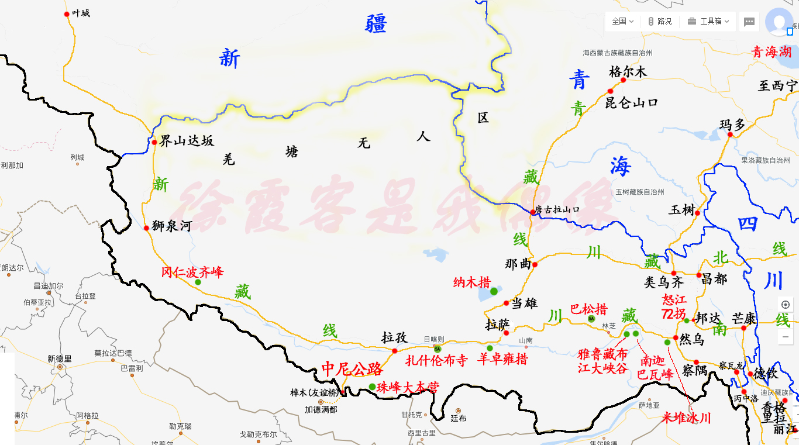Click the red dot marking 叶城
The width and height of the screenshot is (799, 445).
[67, 14]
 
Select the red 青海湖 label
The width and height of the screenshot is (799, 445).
[771, 51]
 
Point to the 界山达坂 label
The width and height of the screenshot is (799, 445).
[187, 140]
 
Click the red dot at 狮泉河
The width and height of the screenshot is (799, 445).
[146, 227]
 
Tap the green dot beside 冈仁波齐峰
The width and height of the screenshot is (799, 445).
[198, 282]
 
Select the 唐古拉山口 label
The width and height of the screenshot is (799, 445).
[557, 209]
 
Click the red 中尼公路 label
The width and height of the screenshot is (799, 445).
[352, 369]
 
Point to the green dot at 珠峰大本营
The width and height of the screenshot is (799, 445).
[373, 387]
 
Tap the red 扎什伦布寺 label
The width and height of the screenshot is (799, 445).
[436, 360]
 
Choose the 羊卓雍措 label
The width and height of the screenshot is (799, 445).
[502, 358]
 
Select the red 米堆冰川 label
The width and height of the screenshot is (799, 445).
[686, 418]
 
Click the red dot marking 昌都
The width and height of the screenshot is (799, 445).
[699, 274]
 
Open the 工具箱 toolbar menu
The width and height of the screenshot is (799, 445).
[710, 21]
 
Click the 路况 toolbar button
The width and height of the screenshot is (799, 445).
[660, 21]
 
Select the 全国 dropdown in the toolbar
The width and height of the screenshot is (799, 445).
[622, 21]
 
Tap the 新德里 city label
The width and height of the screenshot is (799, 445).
[60, 358]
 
